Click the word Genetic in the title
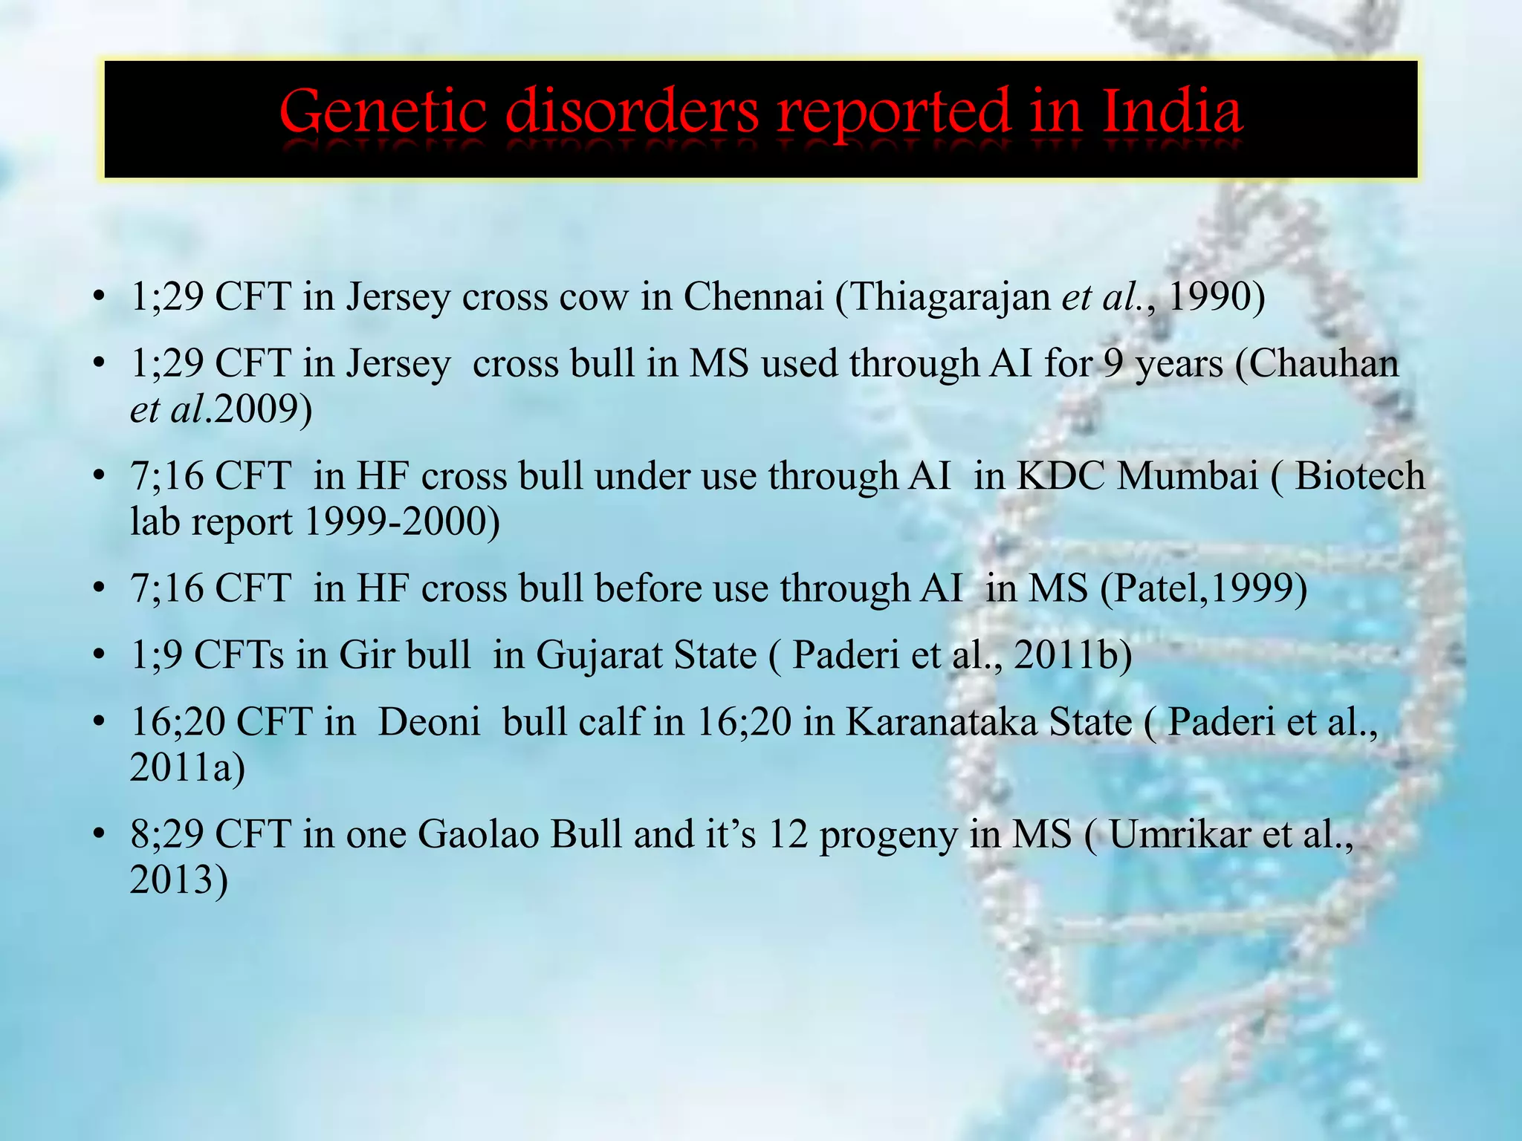pyautogui.click(x=383, y=112)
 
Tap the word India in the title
pyautogui.click(x=1171, y=112)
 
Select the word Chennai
pyautogui.click(x=753, y=296)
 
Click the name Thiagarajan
pyautogui.click(x=948, y=296)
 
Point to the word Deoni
pyautogui.click(x=429, y=722)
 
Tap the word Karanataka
pyautogui.click(x=988, y=722)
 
